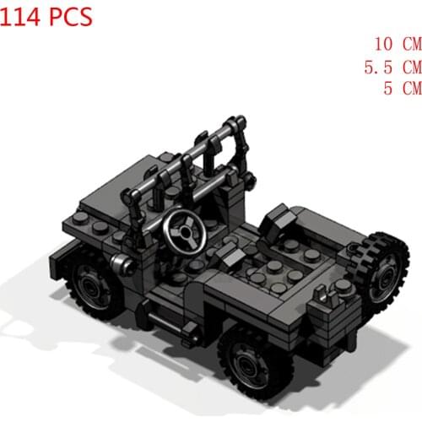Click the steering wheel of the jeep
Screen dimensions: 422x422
(183, 229)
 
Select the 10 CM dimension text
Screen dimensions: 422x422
(396, 43)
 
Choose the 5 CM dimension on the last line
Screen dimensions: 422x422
(400, 88)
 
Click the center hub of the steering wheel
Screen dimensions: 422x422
(183, 230)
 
